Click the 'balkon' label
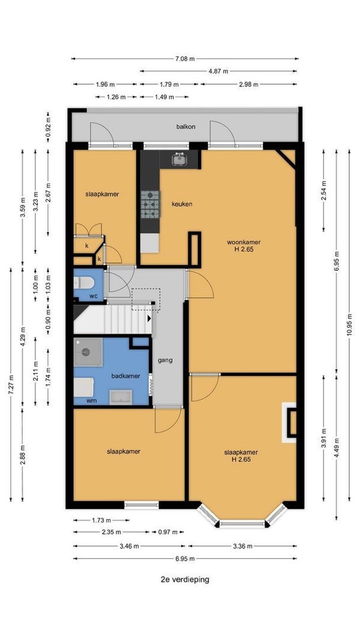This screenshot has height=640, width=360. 185,127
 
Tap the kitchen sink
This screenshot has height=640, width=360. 178,159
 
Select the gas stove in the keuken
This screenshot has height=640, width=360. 151,204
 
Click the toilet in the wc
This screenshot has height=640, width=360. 83,282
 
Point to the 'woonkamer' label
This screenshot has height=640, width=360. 244,242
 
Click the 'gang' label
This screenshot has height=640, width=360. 165,360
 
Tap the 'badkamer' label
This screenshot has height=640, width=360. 125,376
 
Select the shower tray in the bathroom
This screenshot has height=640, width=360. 88,352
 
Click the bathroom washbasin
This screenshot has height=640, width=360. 121,397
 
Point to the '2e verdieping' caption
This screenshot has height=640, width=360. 185,579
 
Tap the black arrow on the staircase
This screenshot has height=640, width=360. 149,318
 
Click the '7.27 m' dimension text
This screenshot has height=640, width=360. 11,384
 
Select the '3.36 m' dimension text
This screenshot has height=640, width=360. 242,546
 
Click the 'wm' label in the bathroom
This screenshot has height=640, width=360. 91,401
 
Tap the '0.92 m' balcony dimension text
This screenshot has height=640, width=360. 48,127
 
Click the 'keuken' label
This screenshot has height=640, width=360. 182,204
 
